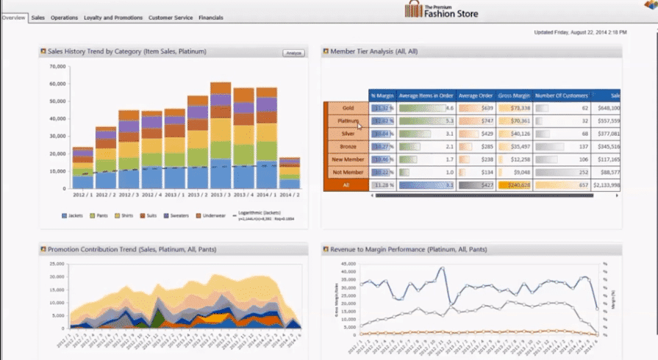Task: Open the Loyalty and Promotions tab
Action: click(112, 18)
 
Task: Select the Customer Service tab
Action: click(171, 18)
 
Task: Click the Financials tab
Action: click(212, 18)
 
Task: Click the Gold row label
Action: click(348, 108)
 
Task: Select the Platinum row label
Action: click(348, 120)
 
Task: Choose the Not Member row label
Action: click(348, 171)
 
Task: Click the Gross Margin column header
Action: click(515, 96)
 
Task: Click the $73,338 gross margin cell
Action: click(515, 108)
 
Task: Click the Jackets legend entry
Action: click(73, 217)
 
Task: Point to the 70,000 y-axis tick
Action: click(57, 66)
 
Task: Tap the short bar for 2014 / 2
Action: click(290, 173)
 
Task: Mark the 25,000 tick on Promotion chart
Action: click(57, 263)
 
